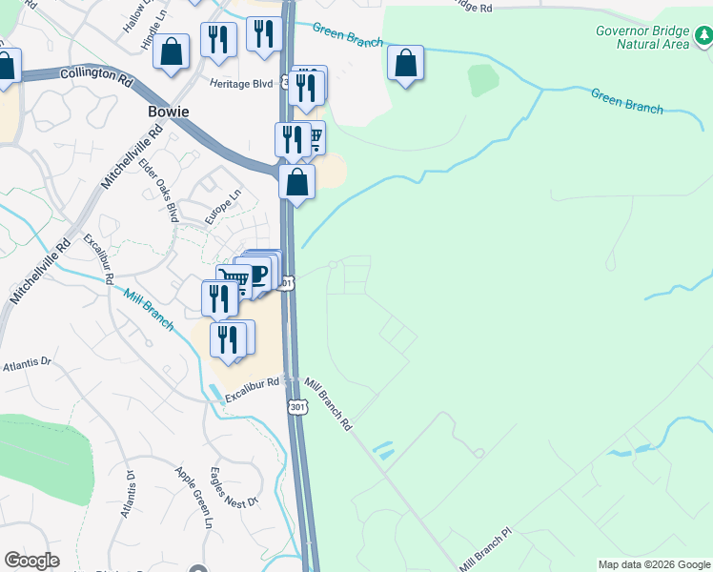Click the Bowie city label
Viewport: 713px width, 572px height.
click(168, 112)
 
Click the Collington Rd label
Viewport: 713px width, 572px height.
click(95, 73)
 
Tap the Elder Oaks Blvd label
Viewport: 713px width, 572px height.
click(159, 191)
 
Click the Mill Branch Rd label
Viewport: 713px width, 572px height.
click(329, 403)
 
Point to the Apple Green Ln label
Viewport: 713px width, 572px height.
click(193, 497)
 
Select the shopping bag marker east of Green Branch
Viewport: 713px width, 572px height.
click(406, 64)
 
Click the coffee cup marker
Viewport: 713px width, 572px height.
click(259, 274)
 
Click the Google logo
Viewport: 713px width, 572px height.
click(31, 561)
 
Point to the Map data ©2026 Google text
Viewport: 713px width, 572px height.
click(654, 564)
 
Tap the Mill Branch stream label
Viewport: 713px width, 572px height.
click(148, 310)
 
